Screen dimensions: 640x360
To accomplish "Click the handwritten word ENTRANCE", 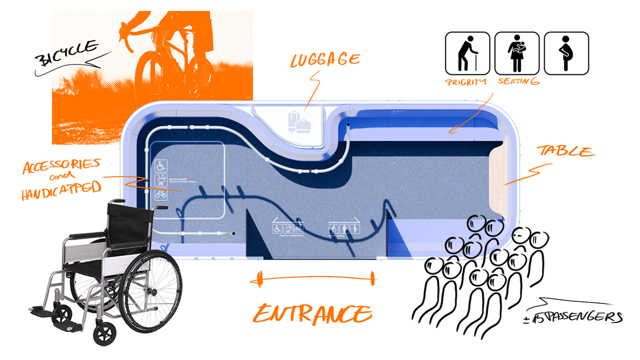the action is point(312,313).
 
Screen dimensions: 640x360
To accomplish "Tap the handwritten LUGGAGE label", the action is point(325,60).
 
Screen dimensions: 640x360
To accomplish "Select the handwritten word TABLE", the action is point(566,151).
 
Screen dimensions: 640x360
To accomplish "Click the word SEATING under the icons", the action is point(518,81).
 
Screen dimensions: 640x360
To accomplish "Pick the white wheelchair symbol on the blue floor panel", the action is point(161,165).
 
